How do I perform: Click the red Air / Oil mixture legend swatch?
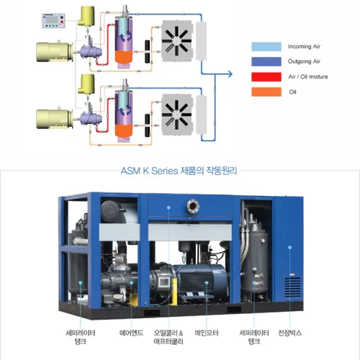266,77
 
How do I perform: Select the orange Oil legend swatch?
266,92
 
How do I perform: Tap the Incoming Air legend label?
304,47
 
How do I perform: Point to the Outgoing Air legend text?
304,62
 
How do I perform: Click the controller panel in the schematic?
53,21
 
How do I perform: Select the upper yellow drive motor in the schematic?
55,51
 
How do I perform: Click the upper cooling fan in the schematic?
177,41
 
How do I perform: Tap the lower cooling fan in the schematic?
177,114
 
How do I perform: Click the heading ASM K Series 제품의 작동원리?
179,171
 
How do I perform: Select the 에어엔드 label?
131,333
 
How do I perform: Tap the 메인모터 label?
207,333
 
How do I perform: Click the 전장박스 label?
289,333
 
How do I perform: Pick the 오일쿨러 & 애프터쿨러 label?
168,337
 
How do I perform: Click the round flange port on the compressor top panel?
193,206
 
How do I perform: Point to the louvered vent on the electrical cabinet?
292,287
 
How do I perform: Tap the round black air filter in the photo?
110,211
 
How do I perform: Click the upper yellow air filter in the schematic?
86,16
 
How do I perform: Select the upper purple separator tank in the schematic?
124,41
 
